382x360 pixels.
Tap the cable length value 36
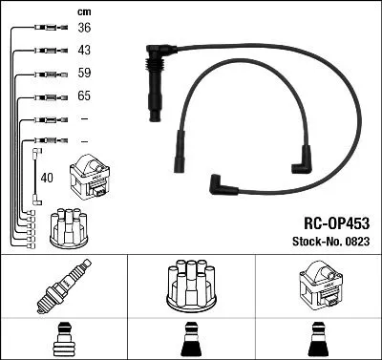[84, 29]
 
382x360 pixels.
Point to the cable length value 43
[84, 51]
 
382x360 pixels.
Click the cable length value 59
[84, 74]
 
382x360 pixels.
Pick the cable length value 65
[84, 96]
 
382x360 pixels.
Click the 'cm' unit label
[83, 11]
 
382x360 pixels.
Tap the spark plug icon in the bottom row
[63, 286]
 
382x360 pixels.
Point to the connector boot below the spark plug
[63, 338]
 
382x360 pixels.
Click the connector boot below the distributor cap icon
[190, 338]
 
